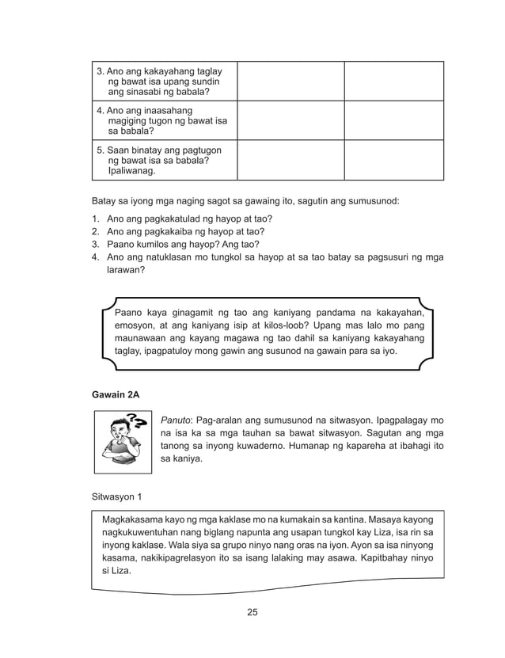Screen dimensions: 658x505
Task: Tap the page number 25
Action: click(x=252, y=611)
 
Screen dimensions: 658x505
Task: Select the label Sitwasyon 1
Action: click(x=117, y=497)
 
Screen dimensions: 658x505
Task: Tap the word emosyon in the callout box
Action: click(x=136, y=325)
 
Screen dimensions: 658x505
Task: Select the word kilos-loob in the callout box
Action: click(x=286, y=325)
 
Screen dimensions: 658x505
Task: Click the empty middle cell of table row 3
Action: click(x=290, y=81)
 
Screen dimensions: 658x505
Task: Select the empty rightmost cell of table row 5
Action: click(x=393, y=160)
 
